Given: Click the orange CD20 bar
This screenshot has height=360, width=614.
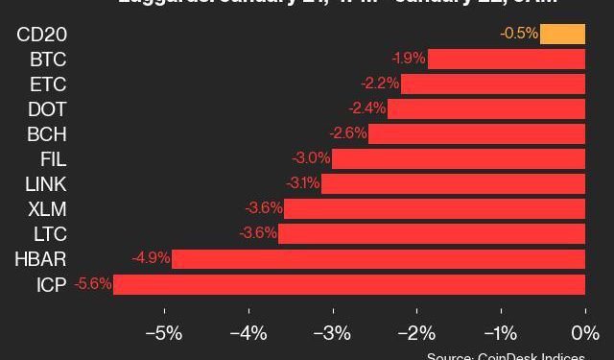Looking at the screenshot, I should pos(562,35).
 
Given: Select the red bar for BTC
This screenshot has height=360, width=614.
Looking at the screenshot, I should pos(506,60).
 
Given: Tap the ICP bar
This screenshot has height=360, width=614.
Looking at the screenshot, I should pos(349,284).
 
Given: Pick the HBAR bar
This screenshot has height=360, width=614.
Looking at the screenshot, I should pos(378,259).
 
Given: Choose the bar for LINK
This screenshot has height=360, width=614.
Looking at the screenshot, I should pos(453,183).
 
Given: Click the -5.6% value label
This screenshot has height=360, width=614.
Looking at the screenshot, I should pos(94,284).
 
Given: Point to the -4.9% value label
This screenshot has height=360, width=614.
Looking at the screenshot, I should pos(153,258).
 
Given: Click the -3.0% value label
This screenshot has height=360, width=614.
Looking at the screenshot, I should pos(312,158).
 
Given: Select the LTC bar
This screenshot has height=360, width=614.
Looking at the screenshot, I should pos(432,233).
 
